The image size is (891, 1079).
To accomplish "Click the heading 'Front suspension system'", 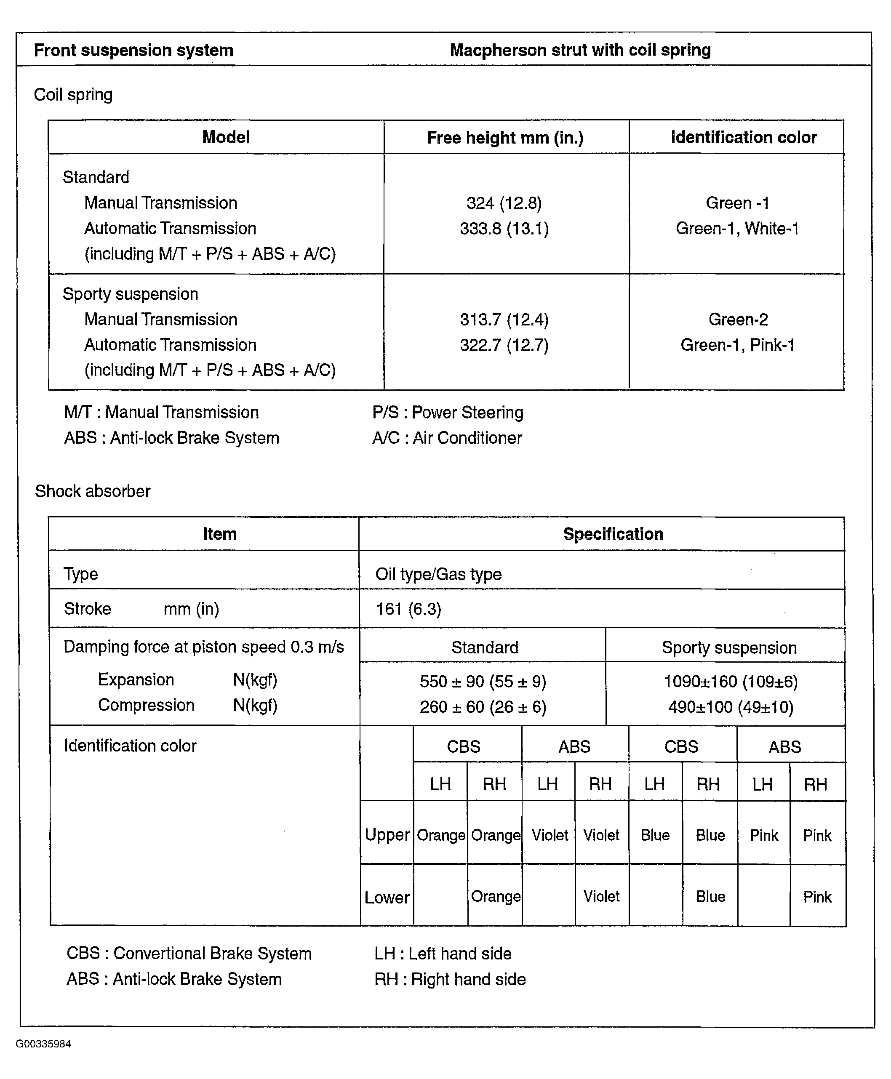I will [x=133, y=50].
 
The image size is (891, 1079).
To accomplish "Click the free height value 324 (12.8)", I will [x=504, y=204].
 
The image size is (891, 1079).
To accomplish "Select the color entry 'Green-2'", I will [x=738, y=320].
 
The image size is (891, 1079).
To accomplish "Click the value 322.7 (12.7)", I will [x=504, y=345].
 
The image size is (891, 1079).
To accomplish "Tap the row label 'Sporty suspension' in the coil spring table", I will [x=131, y=294].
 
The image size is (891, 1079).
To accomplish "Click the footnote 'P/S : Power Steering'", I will [x=448, y=413].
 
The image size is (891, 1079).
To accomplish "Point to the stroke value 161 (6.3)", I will [x=408, y=609].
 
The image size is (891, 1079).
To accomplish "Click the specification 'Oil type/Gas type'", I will [x=438, y=574].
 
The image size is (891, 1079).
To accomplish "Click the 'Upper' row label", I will [x=387, y=835].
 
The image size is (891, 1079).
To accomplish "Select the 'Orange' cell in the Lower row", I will [x=495, y=896].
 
